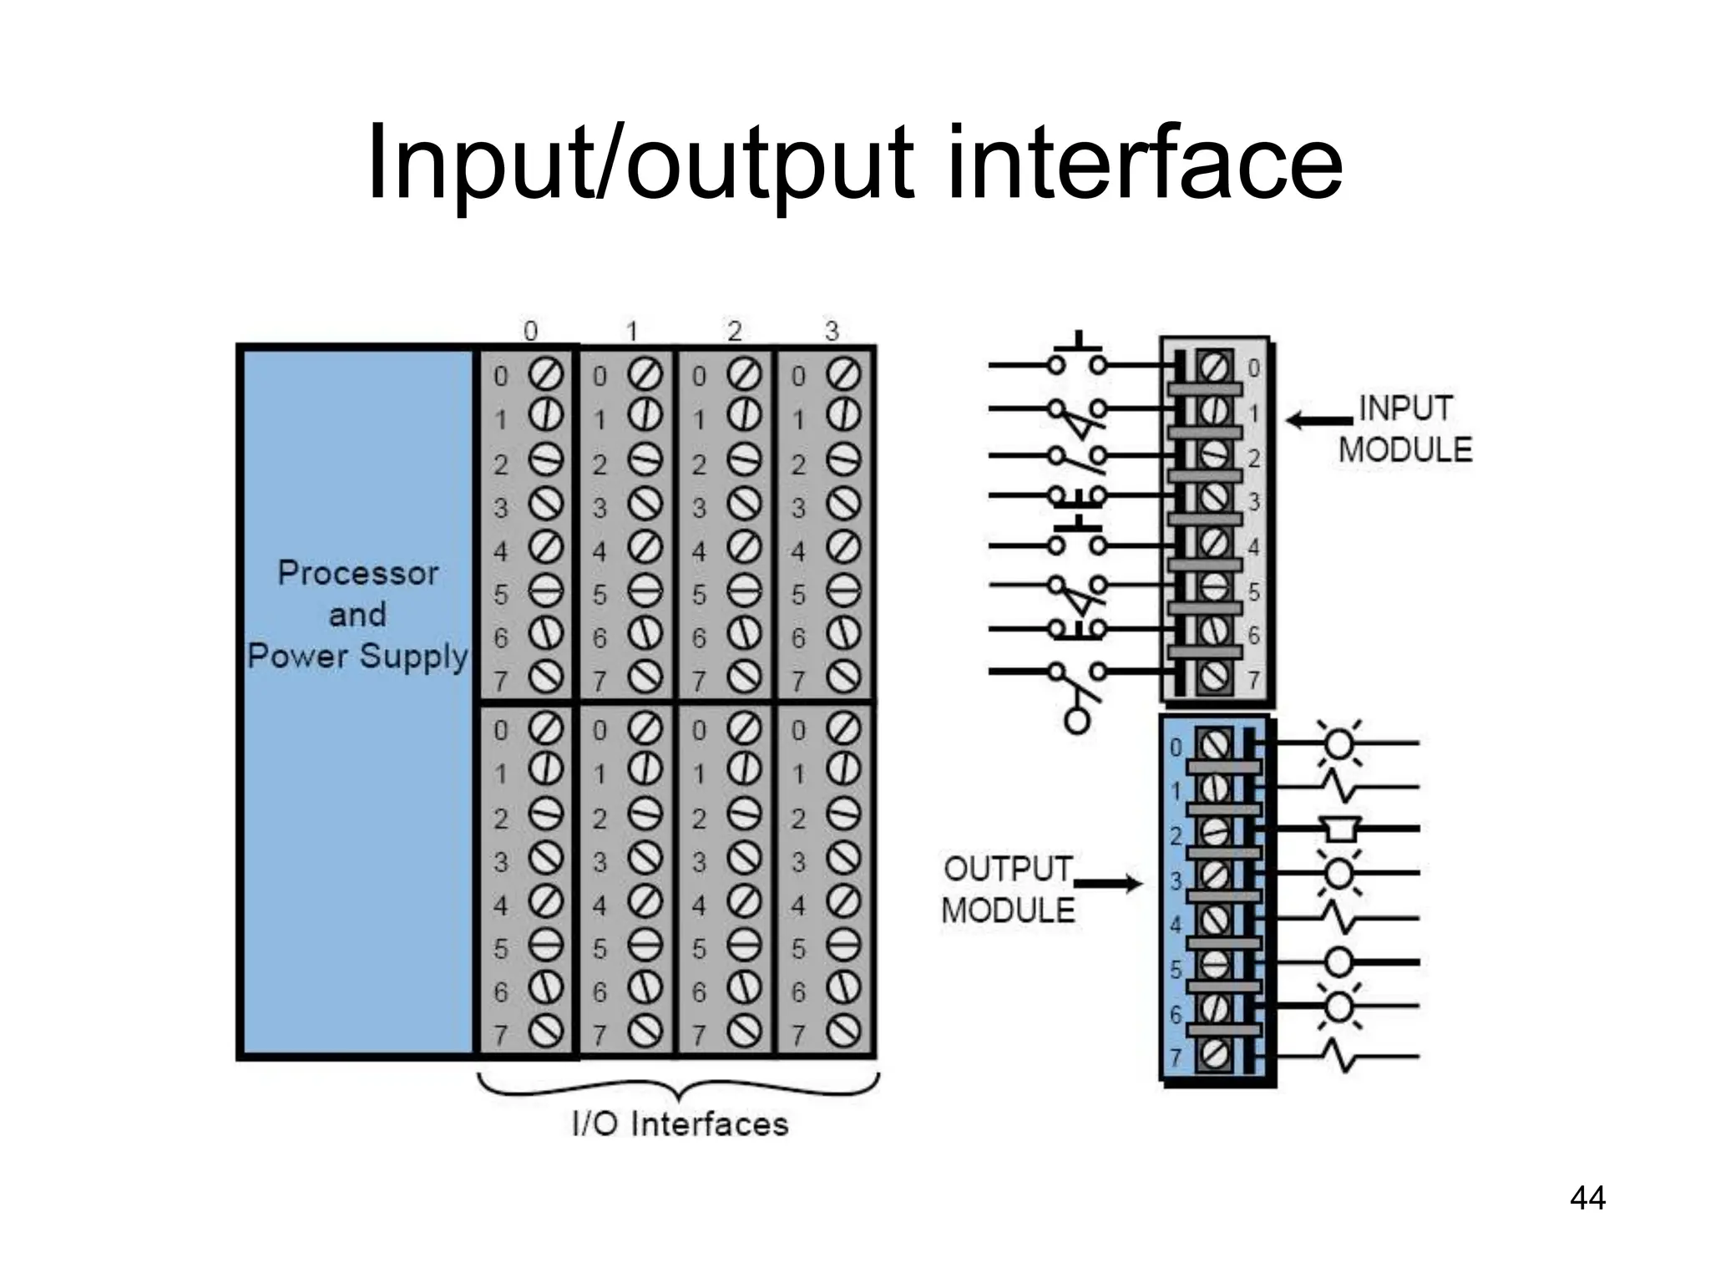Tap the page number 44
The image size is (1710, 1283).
pos(1587,1198)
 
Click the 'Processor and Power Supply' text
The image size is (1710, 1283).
pos(357,614)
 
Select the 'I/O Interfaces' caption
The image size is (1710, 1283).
pos(680,1124)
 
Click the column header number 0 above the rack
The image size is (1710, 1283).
pos(530,332)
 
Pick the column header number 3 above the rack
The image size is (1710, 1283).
pos(832,332)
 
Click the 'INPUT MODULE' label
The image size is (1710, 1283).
pos(1405,429)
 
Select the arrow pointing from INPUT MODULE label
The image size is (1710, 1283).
pos(1319,420)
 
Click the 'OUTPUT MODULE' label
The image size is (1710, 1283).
pos(1008,890)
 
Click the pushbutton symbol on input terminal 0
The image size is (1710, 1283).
pos(1077,356)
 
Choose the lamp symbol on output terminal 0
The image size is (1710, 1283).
pos(1338,742)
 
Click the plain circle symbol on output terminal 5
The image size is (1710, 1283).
pos(1338,962)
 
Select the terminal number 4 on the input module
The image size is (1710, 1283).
pos(1253,548)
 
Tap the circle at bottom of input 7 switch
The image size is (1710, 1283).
pos(1077,720)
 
